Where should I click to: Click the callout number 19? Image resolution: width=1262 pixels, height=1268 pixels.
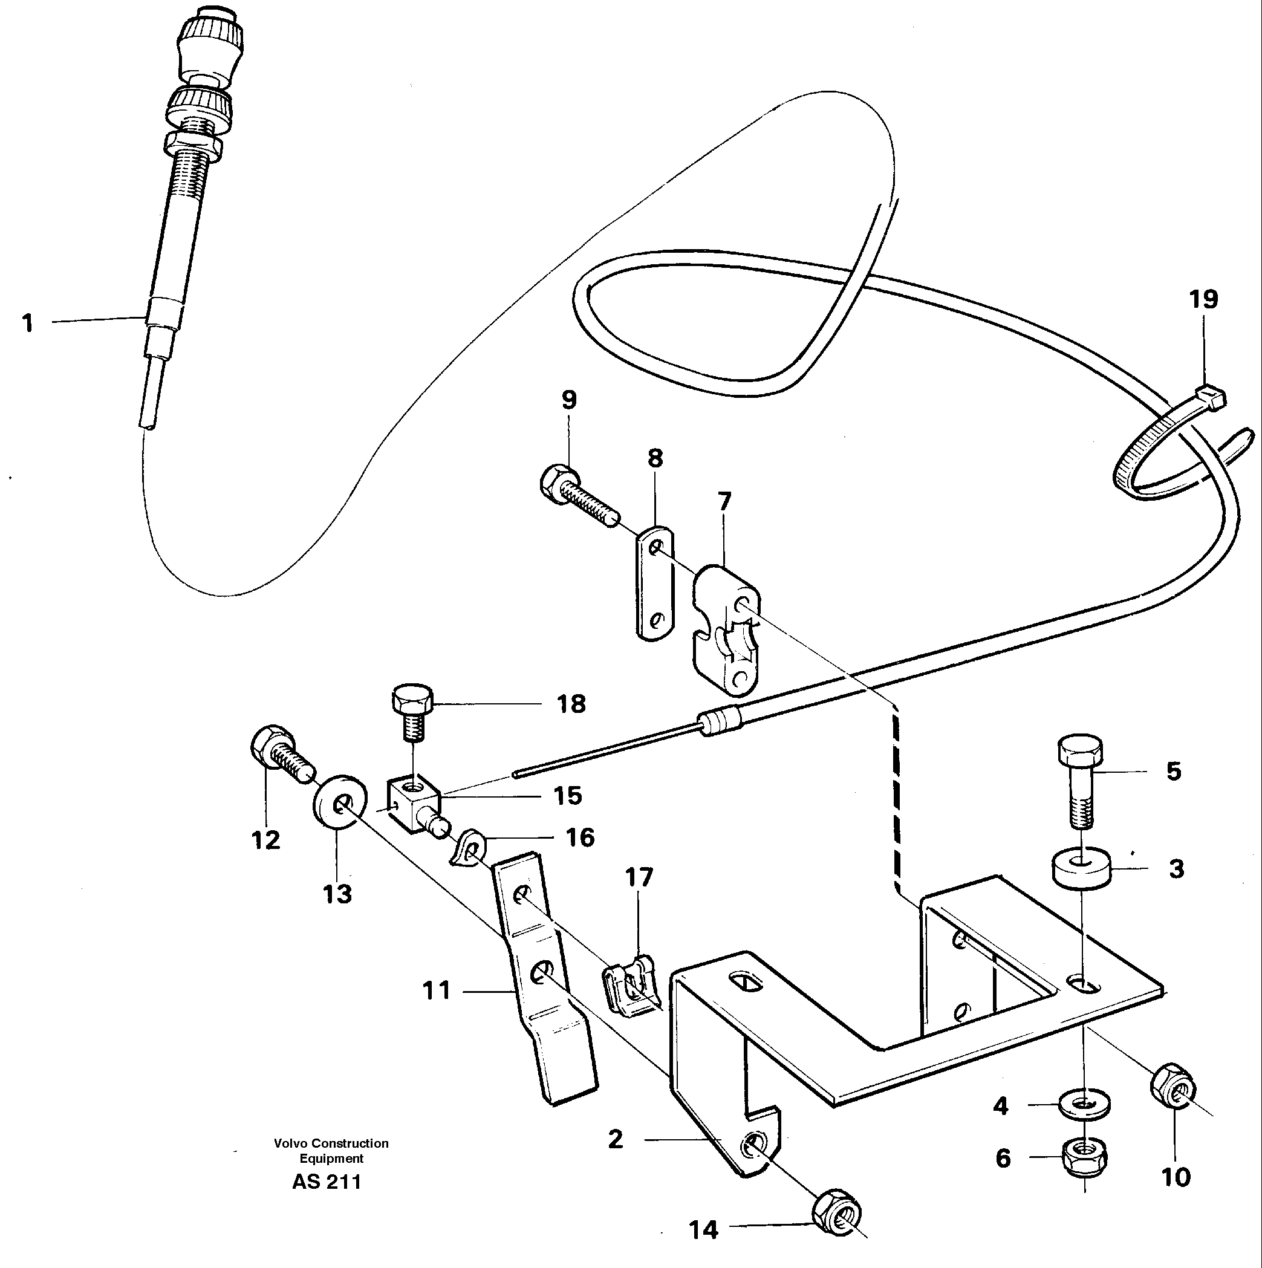[x=1203, y=299]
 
